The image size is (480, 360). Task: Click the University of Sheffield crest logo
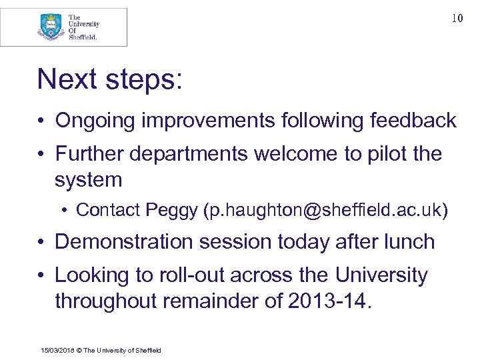click(x=51, y=27)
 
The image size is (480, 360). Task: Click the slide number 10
click(x=457, y=19)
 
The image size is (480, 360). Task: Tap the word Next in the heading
click(x=68, y=79)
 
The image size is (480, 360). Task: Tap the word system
click(x=89, y=180)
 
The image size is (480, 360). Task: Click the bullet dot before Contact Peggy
click(x=67, y=211)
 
